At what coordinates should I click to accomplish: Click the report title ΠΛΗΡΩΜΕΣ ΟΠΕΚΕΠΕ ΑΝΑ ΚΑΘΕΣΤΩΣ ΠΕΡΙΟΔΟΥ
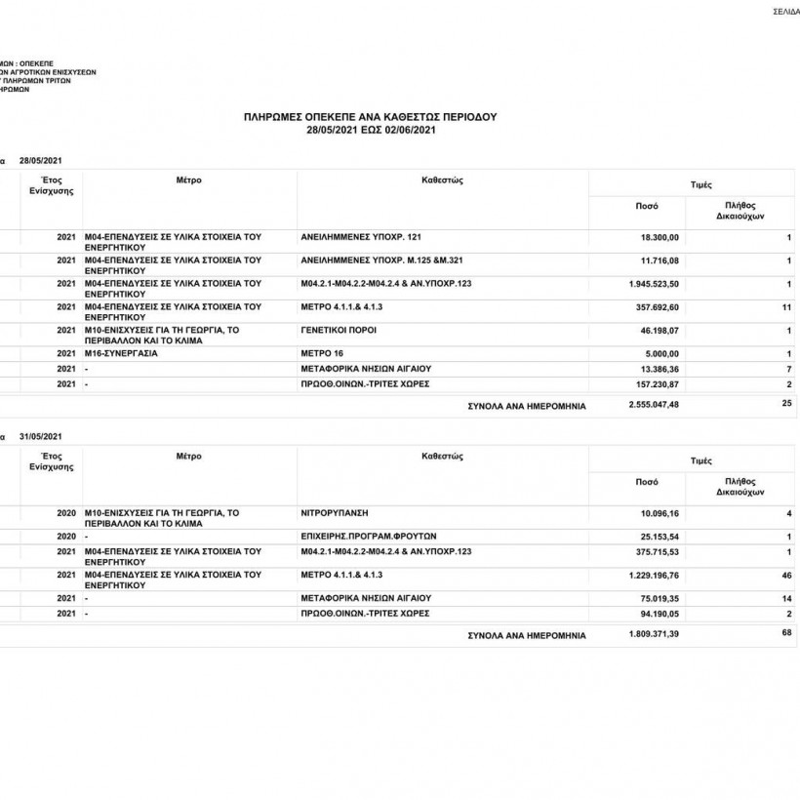coord(370,116)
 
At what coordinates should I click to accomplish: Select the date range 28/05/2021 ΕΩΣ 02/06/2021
coord(370,129)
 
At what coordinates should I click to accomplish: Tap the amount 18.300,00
coord(660,238)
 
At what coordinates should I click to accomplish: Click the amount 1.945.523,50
coord(655,284)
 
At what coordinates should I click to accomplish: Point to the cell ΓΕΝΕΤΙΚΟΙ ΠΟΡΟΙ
coord(339,331)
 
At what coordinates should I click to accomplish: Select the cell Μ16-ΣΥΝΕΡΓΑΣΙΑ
coord(121,353)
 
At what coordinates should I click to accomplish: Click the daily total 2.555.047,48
coord(655,404)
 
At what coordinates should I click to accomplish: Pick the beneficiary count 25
coord(786,403)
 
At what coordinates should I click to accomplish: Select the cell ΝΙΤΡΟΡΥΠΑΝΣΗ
coord(335,511)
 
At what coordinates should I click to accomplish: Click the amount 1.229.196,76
coord(655,576)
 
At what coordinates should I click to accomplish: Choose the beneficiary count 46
coord(786,576)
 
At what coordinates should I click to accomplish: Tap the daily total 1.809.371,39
coord(655,634)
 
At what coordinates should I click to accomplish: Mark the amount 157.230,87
coord(658,384)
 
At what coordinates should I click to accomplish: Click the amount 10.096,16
coord(660,512)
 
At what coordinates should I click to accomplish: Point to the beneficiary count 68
coord(786,633)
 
